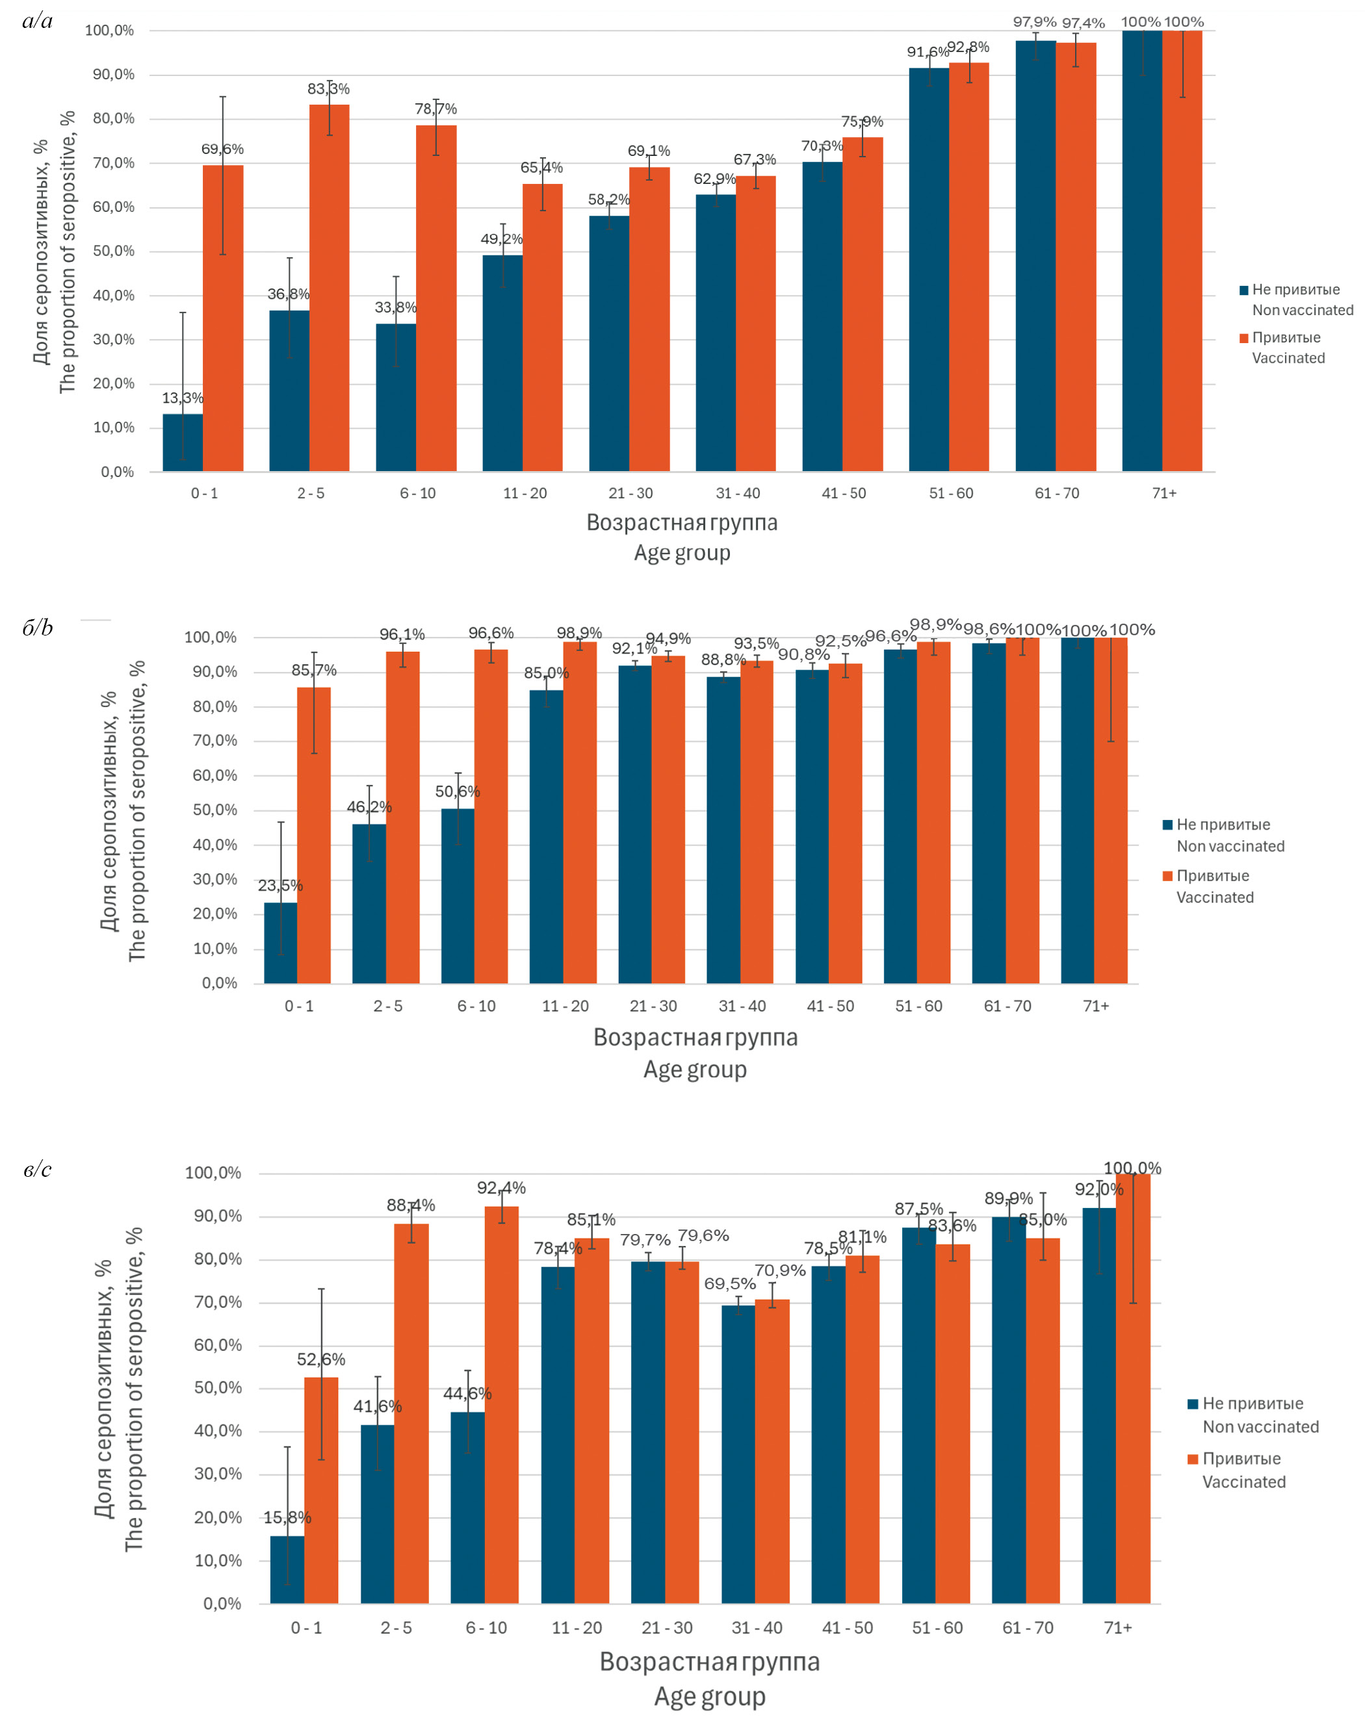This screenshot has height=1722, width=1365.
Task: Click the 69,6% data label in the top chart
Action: [x=222, y=149]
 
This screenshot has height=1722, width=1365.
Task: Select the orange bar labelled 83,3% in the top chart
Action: [x=329, y=287]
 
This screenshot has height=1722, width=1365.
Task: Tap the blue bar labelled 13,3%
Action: [x=183, y=443]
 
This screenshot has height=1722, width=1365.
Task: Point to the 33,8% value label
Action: [x=395, y=307]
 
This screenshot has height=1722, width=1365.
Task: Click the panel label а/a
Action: [x=38, y=21]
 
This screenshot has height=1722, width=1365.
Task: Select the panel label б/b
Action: [x=38, y=628]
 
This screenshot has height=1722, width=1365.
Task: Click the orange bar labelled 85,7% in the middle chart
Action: [x=314, y=834]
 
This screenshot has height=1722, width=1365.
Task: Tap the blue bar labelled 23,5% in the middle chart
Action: [x=280, y=942]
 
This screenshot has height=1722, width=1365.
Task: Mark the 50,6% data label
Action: [x=458, y=791]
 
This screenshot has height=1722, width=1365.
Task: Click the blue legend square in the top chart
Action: [x=1243, y=290]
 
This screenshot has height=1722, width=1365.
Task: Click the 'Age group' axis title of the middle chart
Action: [x=695, y=1070]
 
